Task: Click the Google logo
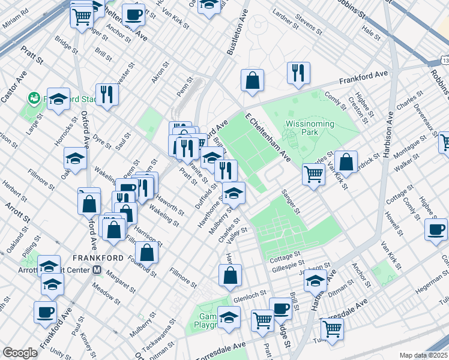click(x=20, y=353)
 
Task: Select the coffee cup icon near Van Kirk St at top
click(x=133, y=14)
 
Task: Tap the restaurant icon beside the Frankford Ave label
click(x=298, y=73)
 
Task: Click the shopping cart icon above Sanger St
click(x=314, y=174)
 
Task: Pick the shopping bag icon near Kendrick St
click(x=346, y=161)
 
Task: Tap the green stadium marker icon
click(x=33, y=97)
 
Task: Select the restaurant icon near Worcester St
click(x=107, y=94)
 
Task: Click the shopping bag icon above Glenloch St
click(x=230, y=275)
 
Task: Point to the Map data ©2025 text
click(x=424, y=355)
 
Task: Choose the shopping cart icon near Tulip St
click(x=332, y=329)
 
